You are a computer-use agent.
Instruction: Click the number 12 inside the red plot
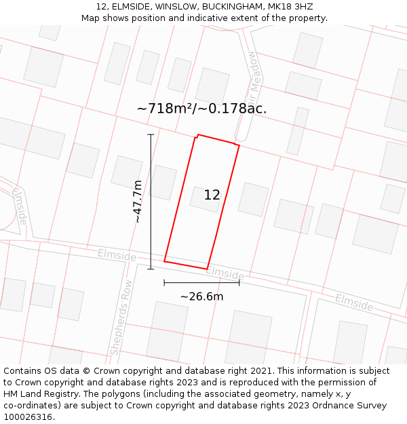coord(212,195)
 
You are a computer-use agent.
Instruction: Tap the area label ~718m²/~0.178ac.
coord(201,109)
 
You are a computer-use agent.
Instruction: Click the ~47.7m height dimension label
coord(138,201)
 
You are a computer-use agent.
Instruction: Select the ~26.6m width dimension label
coord(201,296)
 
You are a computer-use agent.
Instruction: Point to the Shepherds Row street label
coord(121,317)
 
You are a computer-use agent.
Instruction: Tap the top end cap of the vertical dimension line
coord(151,135)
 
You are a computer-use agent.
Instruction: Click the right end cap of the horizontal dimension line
coord(239,282)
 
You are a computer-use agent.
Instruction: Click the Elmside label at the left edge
coord(20,206)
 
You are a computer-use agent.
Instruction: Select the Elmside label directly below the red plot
coord(225,273)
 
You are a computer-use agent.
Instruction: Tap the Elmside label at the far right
coord(353,303)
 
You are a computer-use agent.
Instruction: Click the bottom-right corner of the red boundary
coord(207,269)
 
